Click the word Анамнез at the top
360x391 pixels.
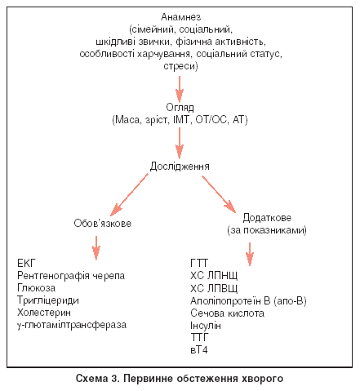(180, 17)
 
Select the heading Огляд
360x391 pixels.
(180, 108)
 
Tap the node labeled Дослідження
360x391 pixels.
(180, 167)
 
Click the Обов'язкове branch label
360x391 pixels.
(103, 224)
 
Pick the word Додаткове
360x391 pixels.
(267, 218)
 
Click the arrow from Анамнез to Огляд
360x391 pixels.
(180, 89)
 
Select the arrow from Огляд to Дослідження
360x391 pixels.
(180, 143)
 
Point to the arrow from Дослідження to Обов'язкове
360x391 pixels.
(129, 194)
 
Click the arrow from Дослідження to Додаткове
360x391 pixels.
(219, 194)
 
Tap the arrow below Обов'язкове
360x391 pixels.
(96, 248)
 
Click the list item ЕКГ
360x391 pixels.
(26, 264)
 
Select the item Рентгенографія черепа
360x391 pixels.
(71, 276)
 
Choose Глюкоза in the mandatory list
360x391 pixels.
(36, 288)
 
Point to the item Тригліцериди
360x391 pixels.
(48, 300)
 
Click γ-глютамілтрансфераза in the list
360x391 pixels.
(72, 325)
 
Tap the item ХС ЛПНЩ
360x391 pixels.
(214, 275)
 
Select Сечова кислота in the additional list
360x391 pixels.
(227, 313)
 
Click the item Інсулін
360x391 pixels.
(206, 326)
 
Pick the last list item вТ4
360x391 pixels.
(199, 350)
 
